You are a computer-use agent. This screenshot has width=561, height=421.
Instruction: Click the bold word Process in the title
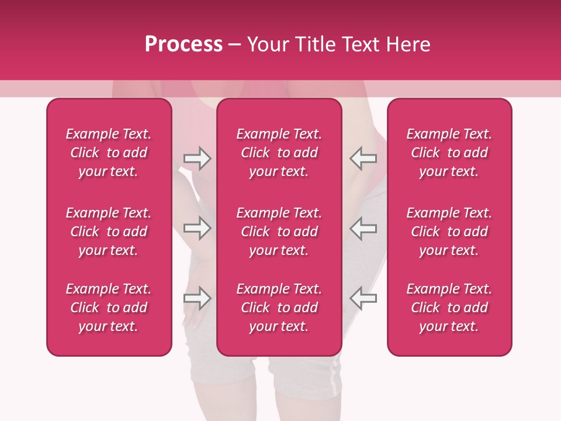tap(183, 44)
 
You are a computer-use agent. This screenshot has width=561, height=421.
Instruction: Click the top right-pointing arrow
tap(197, 158)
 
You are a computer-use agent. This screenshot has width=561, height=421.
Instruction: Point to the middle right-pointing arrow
tap(197, 228)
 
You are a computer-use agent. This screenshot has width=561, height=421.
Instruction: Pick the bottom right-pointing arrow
tap(197, 298)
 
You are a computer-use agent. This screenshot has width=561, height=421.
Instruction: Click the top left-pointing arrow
tap(363, 158)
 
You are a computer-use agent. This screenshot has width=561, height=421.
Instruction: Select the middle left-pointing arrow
tap(363, 228)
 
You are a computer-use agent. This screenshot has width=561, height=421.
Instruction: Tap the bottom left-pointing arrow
tap(363, 298)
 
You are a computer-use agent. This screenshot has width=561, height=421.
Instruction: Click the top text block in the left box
tap(109, 153)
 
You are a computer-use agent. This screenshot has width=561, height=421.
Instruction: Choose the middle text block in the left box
tap(109, 232)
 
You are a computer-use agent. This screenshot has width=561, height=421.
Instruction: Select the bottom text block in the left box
tap(109, 308)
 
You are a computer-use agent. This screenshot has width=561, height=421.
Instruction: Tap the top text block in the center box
tap(279, 153)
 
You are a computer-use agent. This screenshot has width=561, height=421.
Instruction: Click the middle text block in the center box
tap(279, 232)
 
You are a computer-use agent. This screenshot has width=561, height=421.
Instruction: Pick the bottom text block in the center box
tap(279, 308)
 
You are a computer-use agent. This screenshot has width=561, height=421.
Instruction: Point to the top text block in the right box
tap(449, 153)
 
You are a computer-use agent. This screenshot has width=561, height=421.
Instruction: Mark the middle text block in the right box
tap(449, 232)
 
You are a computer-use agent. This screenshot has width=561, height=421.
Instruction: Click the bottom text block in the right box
tap(449, 308)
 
